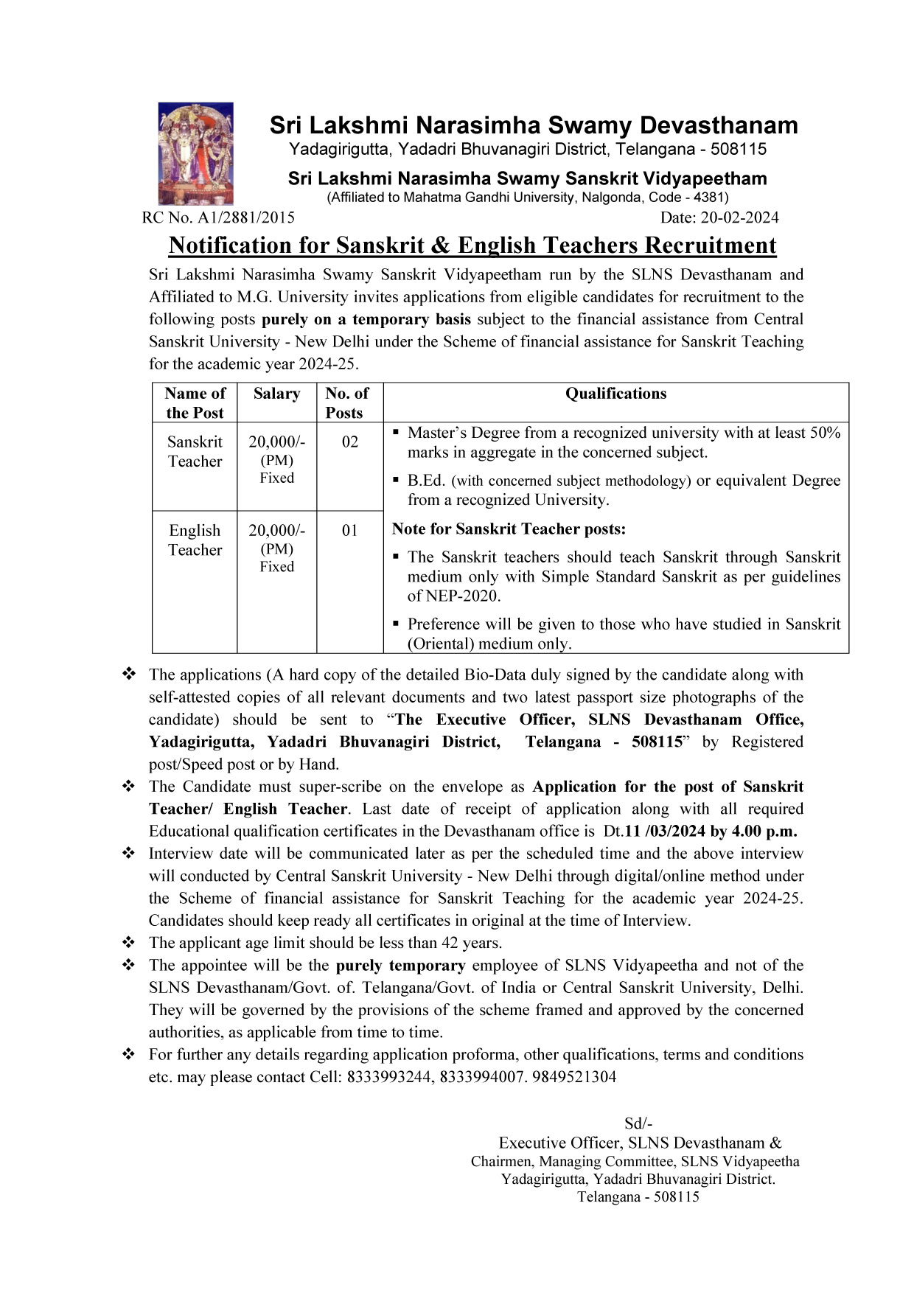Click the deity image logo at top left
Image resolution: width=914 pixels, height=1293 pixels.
195,153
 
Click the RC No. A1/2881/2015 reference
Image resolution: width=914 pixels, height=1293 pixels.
218,217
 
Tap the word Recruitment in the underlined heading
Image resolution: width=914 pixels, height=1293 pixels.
711,245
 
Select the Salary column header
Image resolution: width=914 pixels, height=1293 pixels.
276,394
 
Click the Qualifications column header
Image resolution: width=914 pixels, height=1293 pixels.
615,394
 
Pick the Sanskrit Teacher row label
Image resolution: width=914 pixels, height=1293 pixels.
195,451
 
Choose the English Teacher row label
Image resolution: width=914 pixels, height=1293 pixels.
195,540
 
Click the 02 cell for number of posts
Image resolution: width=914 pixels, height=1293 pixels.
350,442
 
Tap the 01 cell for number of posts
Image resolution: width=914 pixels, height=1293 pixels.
350,530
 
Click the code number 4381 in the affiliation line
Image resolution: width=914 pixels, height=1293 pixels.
710,198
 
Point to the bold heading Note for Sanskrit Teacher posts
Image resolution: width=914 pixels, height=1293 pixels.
509,529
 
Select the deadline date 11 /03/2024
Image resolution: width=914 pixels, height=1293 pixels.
666,831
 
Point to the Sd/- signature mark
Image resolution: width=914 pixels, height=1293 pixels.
638,1123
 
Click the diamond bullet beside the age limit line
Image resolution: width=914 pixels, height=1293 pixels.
129,942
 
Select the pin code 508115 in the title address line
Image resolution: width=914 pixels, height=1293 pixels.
739,150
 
